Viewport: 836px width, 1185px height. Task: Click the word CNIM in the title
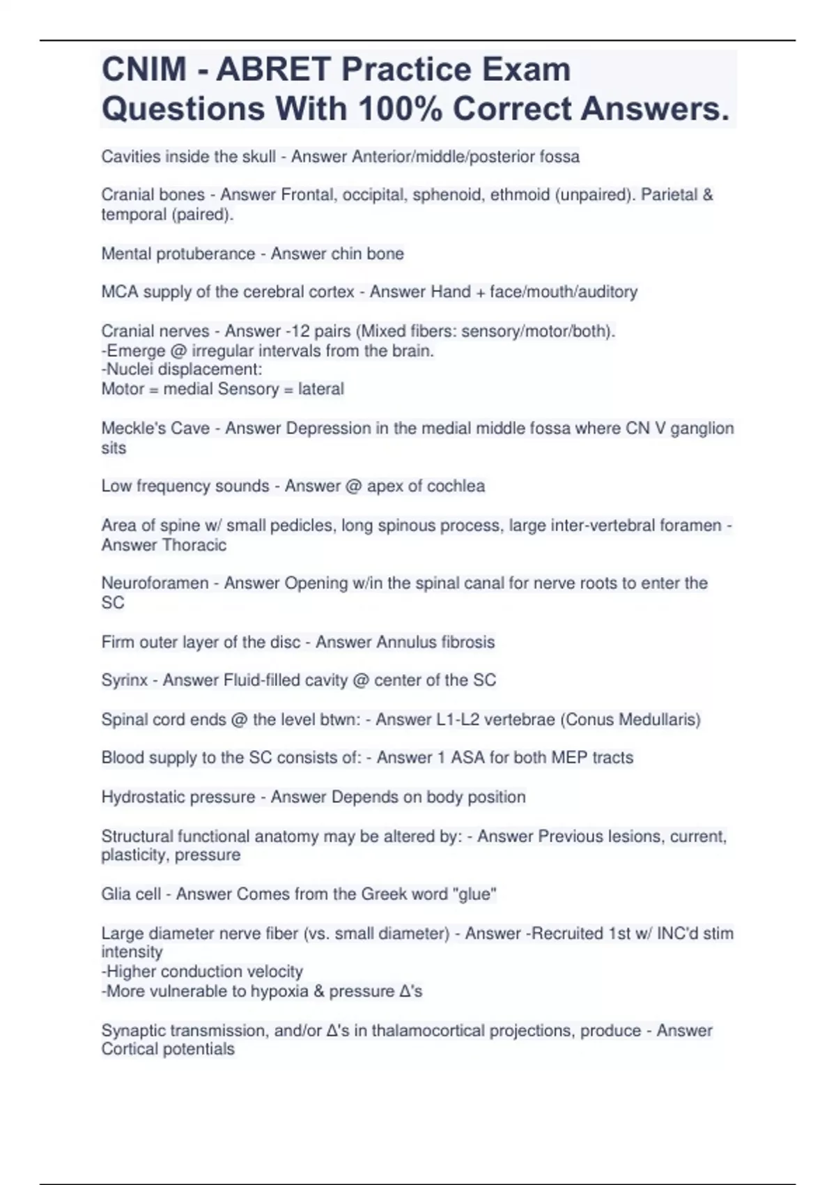tap(144, 69)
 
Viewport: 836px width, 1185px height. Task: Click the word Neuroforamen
tap(155, 583)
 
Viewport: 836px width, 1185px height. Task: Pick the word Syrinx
tap(124, 680)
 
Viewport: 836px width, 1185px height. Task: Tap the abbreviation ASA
tap(467, 758)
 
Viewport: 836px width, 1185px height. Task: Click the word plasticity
tap(132, 855)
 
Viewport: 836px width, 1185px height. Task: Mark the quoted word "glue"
tap(474, 894)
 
